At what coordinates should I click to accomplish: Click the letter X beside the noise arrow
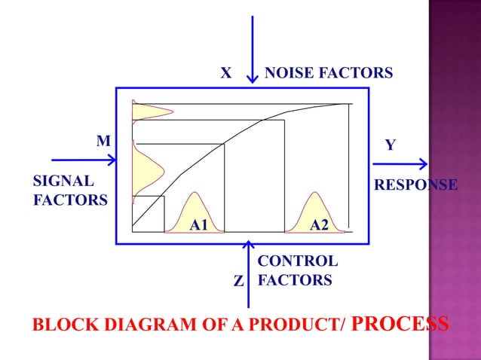(x=225, y=74)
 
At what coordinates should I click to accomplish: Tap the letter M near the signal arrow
(x=103, y=141)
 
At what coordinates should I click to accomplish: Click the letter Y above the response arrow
(x=391, y=144)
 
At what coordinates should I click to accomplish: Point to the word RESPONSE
(x=415, y=185)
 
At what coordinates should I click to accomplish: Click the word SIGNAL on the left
(x=64, y=182)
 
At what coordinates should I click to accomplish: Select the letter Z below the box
(x=238, y=282)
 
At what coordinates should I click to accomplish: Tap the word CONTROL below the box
(x=298, y=261)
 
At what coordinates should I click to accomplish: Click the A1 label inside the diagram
(x=198, y=224)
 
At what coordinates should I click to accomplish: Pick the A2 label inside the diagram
(x=319, y=224)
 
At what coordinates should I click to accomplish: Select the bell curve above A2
(x=314, y=208)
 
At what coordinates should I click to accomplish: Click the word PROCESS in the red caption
(x=401, y=325)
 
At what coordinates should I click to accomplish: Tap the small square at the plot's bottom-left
(x=148, y=213)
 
